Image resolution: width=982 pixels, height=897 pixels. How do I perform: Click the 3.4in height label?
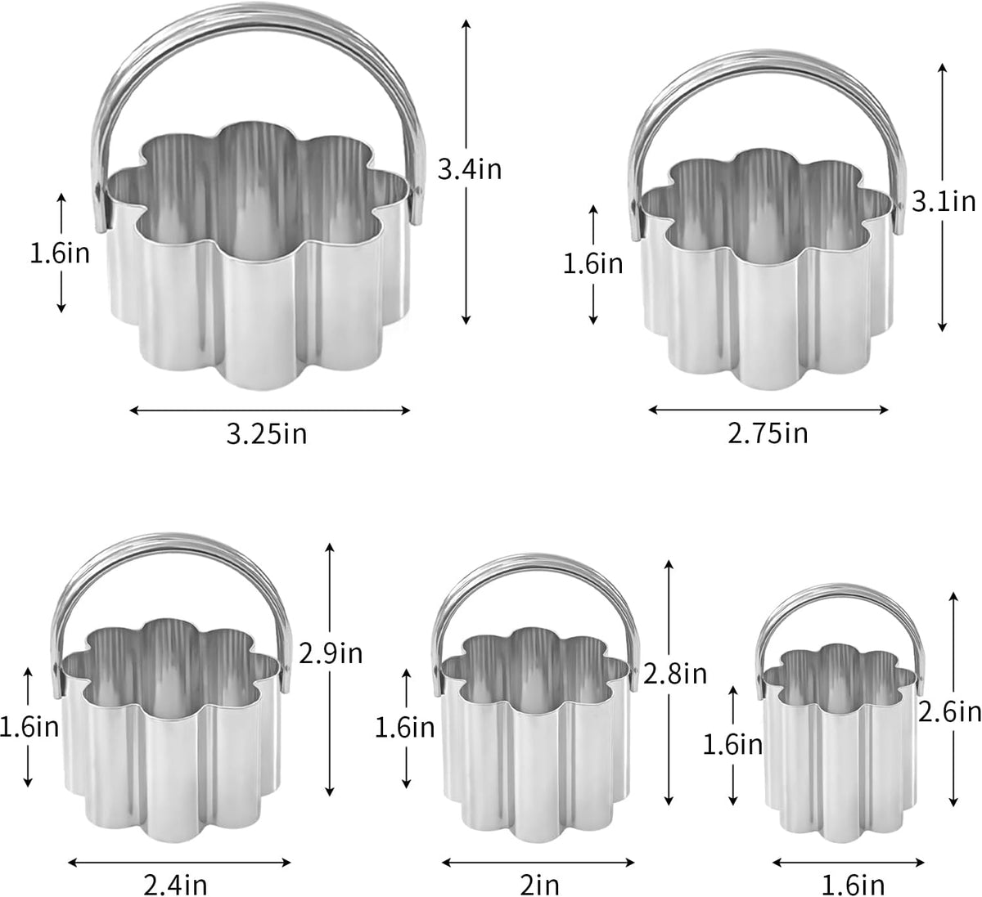[x=470, y=170]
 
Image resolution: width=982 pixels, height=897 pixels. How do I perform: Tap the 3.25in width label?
[x=267, y=434]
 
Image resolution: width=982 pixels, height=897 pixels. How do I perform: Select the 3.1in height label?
[x=944, y=202]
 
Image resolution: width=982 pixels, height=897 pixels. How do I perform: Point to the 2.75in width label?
[x=768, y=433]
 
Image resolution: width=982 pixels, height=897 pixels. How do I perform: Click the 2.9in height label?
[x=331, y=653]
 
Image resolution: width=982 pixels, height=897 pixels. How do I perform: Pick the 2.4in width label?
[x=175, y=885]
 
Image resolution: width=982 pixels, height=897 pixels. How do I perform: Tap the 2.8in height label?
[x=675, y=674]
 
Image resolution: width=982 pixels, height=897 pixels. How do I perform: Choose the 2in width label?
[x=539, y=885]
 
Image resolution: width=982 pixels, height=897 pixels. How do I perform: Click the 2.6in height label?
[x=950, y=711]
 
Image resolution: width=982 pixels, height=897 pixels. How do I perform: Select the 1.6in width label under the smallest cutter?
[x=853, y=885]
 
